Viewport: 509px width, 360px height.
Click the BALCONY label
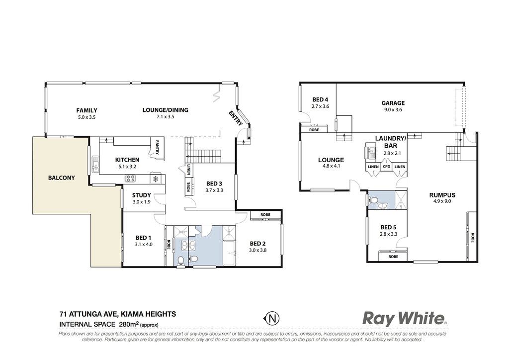click(61, 178)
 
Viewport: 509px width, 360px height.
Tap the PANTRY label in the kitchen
click(157, 147)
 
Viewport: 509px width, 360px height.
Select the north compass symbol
click(272, 318)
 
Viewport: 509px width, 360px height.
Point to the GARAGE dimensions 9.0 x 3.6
click(393, 110)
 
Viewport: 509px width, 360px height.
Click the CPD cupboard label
click(386, 167)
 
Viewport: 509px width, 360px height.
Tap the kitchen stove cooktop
click(131, 178)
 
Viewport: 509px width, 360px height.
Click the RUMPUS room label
click(442, 195)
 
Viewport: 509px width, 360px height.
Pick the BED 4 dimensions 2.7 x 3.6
click(321, 106)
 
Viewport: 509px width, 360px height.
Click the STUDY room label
click(142, 195)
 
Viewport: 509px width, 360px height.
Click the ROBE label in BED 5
click(393, 257)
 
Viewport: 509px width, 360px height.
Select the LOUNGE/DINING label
click(165, 110)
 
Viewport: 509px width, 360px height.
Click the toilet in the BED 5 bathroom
click(373, 199)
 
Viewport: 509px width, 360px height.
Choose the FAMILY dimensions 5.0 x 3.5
click(86, 117)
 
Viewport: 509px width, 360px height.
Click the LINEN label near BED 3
click(189, 169)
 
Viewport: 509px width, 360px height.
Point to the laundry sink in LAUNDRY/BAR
click(370, 151)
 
